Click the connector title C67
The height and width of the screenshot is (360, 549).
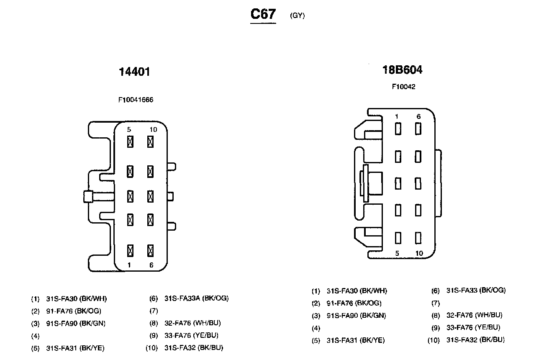[263, 14]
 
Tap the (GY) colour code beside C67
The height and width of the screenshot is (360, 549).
[297, 16]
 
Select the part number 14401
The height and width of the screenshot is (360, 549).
[134, 72]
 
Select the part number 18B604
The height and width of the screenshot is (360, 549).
[403, 70]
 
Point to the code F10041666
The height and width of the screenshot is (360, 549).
[136, 100]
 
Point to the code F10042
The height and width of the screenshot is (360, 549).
[403, 87]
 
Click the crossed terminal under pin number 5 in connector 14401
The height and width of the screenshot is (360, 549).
[130, 142]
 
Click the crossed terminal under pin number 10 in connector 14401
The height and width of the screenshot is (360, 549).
[150, 142]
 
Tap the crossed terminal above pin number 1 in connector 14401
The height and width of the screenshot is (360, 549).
[130, 251]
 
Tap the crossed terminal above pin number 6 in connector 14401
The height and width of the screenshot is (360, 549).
[150, 251]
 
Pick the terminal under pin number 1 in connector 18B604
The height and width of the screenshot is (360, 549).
[398, 129]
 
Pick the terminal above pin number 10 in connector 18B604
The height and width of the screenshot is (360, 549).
[418, 237]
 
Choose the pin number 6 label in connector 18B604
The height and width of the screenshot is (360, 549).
[418, 117]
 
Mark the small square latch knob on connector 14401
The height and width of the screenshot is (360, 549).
[88, 196]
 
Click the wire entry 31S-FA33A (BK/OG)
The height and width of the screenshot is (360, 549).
[197, 298]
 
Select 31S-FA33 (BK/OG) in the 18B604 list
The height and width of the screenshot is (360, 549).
[476, 290]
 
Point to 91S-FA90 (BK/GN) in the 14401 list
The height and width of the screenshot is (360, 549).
[76, 323]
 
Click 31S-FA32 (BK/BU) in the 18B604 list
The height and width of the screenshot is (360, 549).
[476, 340]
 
